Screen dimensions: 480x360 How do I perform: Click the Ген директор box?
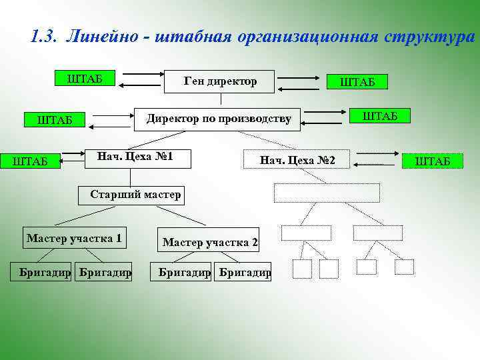[219, 81]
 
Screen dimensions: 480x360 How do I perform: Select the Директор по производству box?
[219, 119]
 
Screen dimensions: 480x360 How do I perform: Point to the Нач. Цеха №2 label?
[297, 160]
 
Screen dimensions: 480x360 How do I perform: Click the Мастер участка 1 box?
[74, 238]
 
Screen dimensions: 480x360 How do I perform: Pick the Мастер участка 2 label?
[210, 242]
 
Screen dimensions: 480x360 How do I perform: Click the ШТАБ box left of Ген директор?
[85, 77]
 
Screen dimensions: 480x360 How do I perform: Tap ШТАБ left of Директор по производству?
[56, 121]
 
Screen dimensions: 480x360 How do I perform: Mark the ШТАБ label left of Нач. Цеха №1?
[31, 160]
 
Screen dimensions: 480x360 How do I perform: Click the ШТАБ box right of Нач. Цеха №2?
[433, 161]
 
